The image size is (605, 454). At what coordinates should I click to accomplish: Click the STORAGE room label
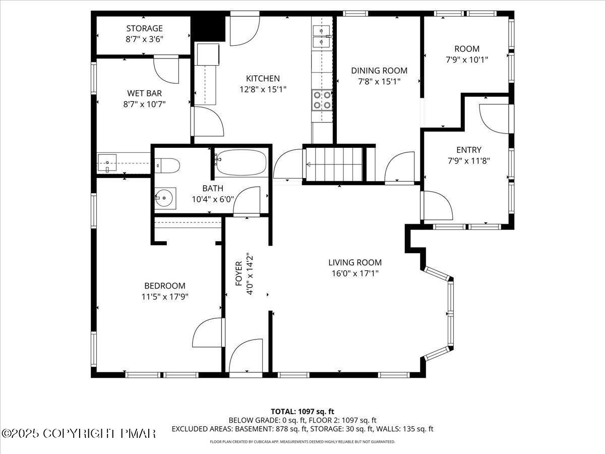[x=144, y=29]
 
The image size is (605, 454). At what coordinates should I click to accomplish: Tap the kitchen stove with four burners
[x=322, y=100]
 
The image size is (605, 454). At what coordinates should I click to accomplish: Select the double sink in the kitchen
[x=321, y=35]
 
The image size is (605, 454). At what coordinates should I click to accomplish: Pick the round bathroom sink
[x=165, y=198]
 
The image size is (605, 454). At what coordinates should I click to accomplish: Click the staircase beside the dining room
[x=333, y=164]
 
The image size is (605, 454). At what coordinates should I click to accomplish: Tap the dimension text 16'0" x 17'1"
[x=354, y=273]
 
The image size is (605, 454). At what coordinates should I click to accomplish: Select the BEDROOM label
[x=164, y=286]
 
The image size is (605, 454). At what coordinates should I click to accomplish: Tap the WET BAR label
[x=144, y=93]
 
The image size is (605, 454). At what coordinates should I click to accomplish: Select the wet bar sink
[x=107, y=163]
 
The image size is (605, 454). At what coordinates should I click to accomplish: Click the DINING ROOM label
[x=379, y=71]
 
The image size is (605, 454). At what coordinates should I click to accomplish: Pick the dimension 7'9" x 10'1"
[x=467, y=60]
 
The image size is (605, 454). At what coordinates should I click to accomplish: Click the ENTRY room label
[x=468, y=150]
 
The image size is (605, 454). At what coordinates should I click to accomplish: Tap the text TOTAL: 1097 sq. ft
[x=302, y=411]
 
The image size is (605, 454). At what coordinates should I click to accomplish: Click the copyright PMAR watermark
[x=79, y=433]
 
